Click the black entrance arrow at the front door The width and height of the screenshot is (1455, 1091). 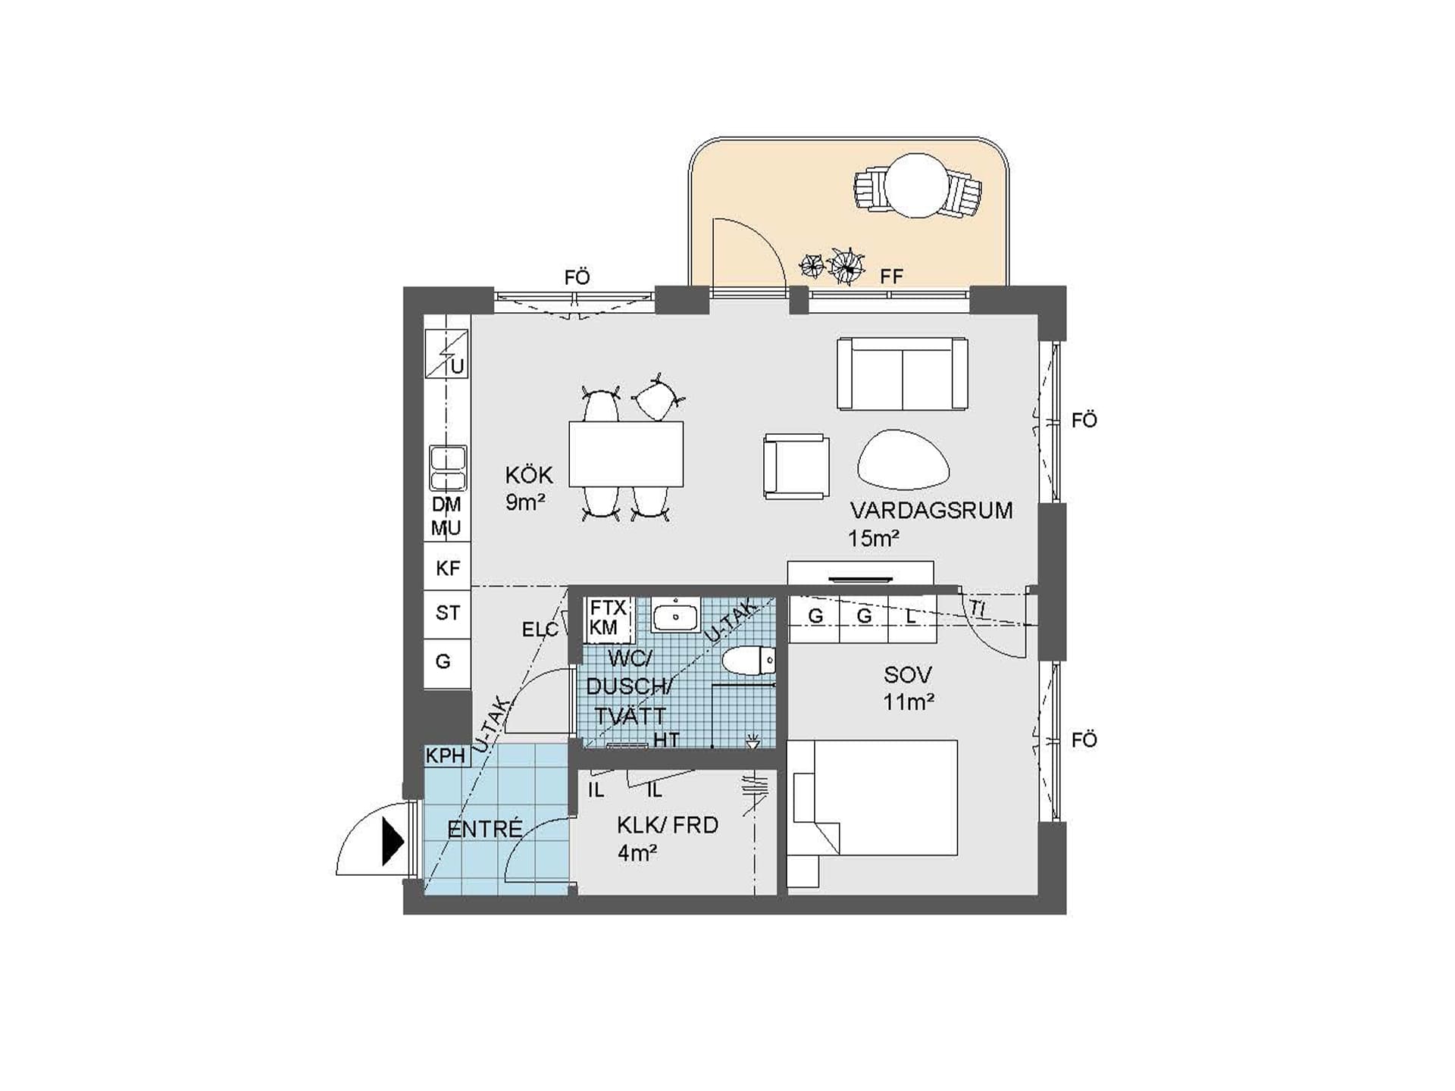pyautogui.click(x=393, y=842)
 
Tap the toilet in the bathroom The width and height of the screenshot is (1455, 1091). pyautogui.click(x=749, y=661)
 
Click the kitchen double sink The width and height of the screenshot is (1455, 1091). pyautogui.click(x=448, y=468)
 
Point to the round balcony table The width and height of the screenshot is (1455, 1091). pyautogui.click(x=917, y=186)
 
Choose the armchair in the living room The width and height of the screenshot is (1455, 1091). pyautogui.click(x=796, y=466)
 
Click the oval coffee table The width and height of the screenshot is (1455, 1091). pyautogui.click(x=903, y=459)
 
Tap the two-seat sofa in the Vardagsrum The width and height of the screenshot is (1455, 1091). pyautogui.click(x=902, y=374)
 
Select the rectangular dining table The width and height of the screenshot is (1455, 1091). pyautogui.click(x=626, y=454)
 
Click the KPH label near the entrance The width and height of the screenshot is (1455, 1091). pyautogui.click(x=445, y=755)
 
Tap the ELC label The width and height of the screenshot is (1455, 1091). pyautogui.click(x=540, y=630)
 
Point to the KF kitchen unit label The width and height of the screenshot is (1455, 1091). pyautogui.click(x=447, y=568)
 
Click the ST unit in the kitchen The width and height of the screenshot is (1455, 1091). pyautogui.click(x=447, y=612)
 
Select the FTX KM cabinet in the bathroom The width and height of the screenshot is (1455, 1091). pyautogui.click(x=609, y=618)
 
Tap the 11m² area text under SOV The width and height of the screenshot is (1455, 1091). pyautogui.click(x=908, y=702)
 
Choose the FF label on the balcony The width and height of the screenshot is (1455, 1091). pyautogui.click(x=892, y=277)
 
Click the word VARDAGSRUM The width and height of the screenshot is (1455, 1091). pyautogui.click(x=931, y=511)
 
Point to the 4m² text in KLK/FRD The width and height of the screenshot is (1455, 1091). pyautogui.click(x=637, y=853)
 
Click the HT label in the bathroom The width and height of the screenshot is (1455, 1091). pyautogui.click(x=666, y=739)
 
